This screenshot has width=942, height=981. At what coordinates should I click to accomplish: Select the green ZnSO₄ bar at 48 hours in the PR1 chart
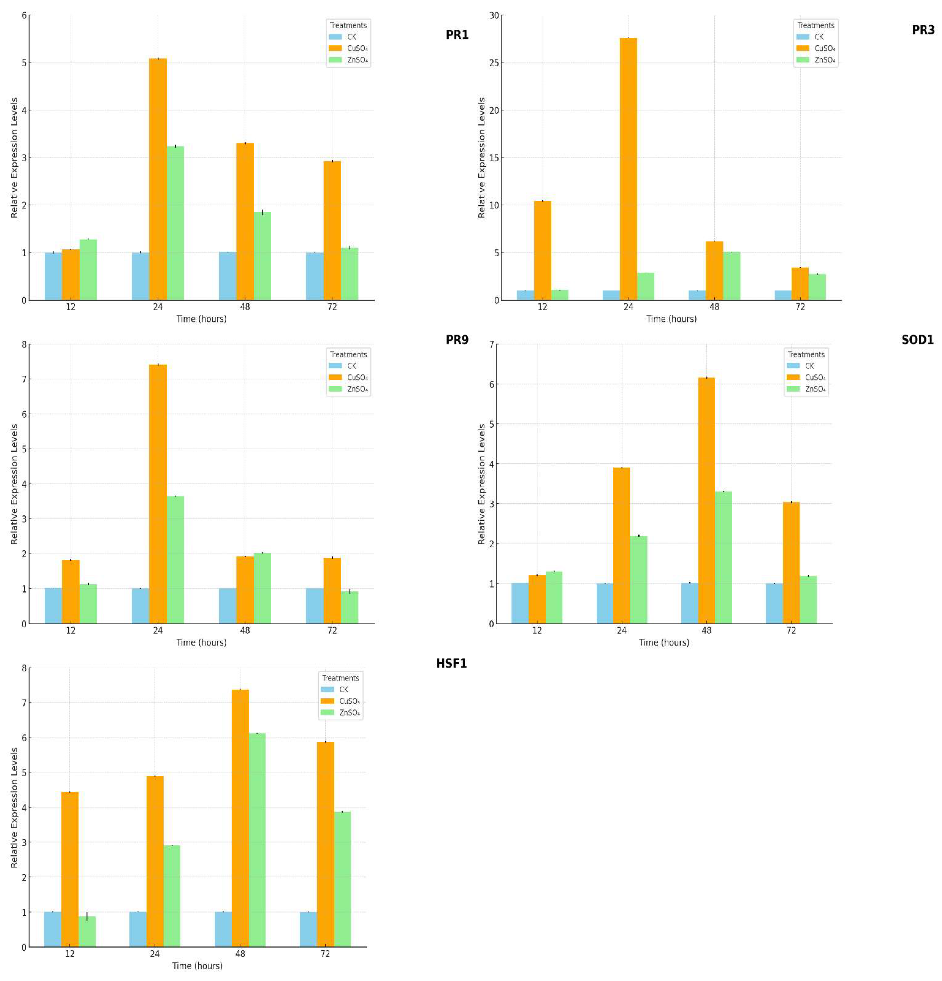(x=262, y=256)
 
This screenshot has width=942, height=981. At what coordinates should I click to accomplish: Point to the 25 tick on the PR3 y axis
(x=494, y=63)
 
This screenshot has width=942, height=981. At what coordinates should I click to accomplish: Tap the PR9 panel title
(x=457, y=340)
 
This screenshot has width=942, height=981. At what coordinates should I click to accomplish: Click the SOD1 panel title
(x=917, y=340)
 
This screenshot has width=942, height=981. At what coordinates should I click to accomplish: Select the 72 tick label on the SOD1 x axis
(x=791, y=631)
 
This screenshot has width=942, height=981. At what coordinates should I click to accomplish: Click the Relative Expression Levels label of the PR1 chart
(x=14, y=158)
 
